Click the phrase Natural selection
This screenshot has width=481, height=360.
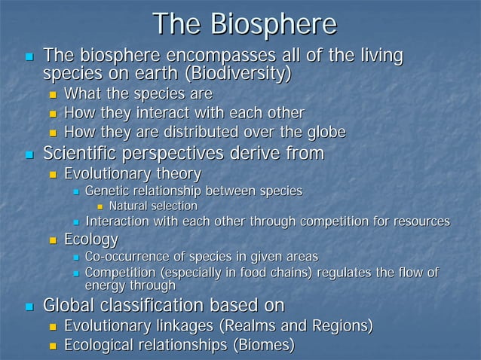coord(153,206)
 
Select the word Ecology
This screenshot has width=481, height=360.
coord(91,240)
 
